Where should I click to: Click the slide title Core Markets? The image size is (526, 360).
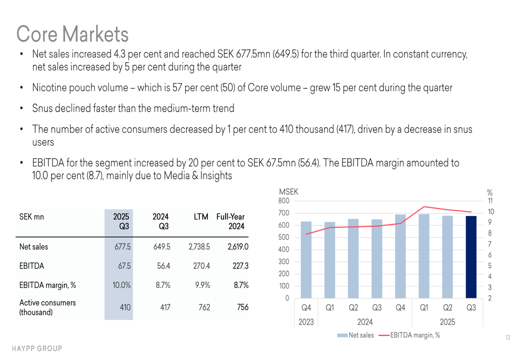(72, 34)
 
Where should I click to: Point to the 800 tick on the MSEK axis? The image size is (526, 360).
(284, 201)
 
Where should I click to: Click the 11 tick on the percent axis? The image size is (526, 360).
(490, 201)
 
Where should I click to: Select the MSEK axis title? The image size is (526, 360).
(288, 192)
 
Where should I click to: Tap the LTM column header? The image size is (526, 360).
(201, 217)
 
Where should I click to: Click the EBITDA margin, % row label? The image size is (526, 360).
(47, 285)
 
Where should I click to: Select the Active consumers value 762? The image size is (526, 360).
(204, 307)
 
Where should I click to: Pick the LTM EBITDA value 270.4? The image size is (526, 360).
(201, 266)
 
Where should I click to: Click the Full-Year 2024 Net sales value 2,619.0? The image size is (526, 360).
(238, 246)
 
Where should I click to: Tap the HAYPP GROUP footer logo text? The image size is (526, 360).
(37, 348)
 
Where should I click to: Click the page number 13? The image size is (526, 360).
(507, 337)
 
